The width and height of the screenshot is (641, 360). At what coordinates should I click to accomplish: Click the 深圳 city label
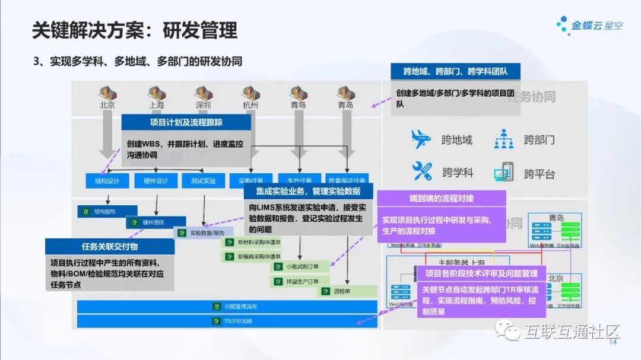click(204, 105)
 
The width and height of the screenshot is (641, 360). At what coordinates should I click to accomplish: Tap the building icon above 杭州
click(251, 92)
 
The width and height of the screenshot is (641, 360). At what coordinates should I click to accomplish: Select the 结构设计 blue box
click(103, 180)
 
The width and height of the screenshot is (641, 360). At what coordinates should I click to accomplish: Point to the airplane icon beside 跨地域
click(421, 139)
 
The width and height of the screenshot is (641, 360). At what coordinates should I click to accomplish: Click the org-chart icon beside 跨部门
click(504, 139)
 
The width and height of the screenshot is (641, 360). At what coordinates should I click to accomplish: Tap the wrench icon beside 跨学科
click(422, 171)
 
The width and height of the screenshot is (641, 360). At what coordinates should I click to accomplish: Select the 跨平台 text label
click(539, 174)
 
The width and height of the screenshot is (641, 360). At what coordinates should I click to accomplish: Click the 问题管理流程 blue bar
click(227, 307)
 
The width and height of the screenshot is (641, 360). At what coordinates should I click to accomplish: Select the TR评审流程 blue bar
click(227, 321)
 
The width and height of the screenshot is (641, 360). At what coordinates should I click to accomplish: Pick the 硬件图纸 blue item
click(151, 222)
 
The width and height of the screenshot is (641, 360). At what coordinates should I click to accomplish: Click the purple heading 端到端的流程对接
click(441, 198)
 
